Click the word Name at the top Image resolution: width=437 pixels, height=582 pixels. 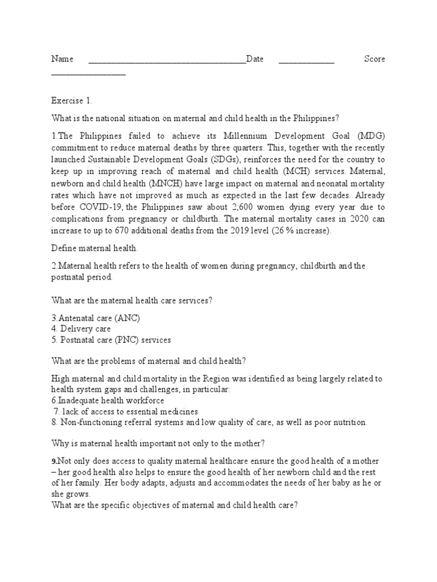(63, 59)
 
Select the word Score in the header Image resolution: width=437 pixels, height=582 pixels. (374, 59)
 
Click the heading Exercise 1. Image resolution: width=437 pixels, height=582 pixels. (71, 101)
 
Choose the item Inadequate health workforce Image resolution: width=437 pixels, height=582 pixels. (109, 400)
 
